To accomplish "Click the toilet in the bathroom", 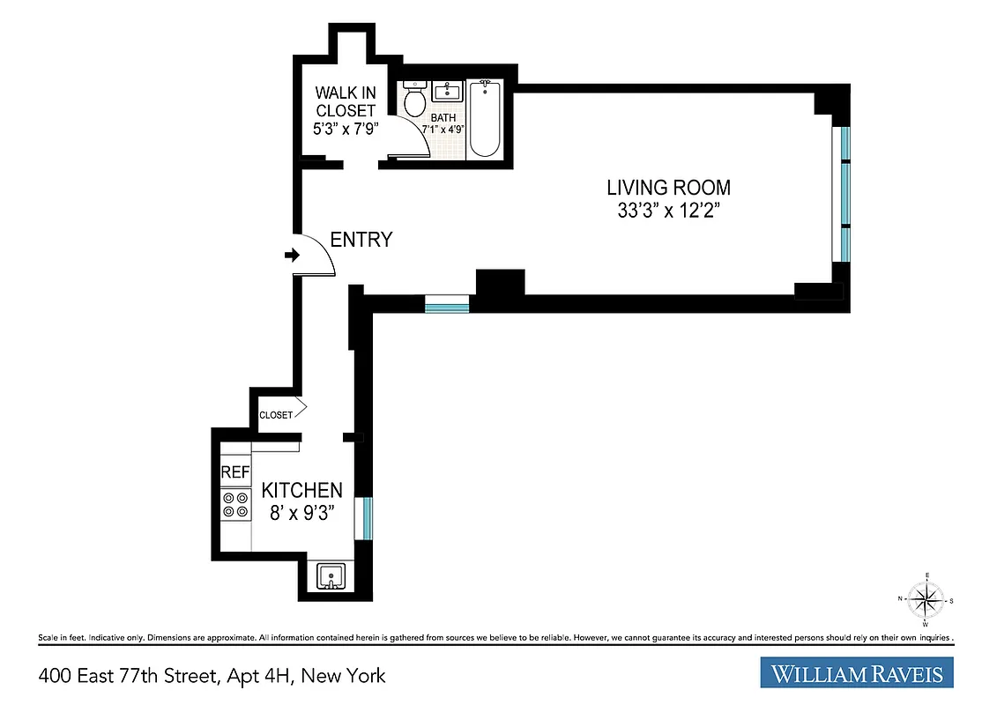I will [x=413, y=100].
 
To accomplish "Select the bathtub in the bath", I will [x=484, y=119].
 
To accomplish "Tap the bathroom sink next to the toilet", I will [x=448, y=91].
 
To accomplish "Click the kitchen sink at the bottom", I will [x=331, y=576].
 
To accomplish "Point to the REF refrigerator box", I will [x=234, y=472].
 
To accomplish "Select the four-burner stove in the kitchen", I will [x=234, y=504].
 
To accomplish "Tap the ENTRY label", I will [x=361, y=240].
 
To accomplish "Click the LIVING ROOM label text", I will [x=668, y=188].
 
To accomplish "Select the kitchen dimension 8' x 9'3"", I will [x=300, y=514].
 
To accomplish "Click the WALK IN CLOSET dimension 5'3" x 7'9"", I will [x=345, y=130].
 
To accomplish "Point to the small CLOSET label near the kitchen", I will [x=275, y=415].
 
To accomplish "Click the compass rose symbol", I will [x=926, y=601].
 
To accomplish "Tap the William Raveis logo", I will [x=857, y=674].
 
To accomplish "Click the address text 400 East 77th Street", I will [x=212, y=676].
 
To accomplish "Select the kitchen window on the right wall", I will [x=363, y=517].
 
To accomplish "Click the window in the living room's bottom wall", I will [x=446, y=305].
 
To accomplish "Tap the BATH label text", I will [x=443, y=116].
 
